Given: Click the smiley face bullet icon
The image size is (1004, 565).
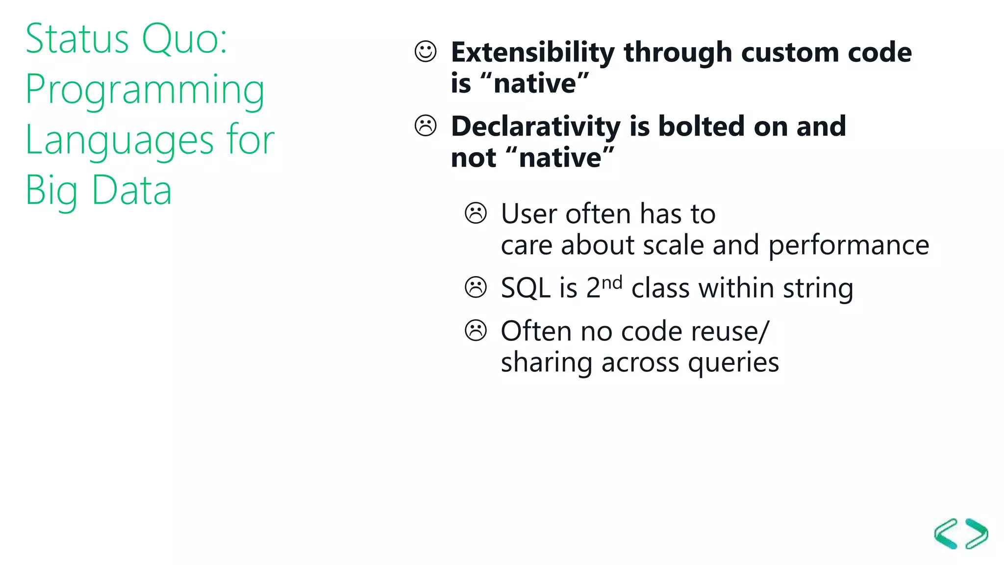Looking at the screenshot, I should pyautogui.click(x=425, y=51).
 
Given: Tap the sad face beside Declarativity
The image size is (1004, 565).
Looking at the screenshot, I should pyautogui.click(x=425, y=126).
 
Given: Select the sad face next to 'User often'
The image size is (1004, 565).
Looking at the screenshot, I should pyautogui.click(x=476, y=213).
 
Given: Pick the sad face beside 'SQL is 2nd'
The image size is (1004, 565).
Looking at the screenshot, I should pyautogui.click(x=476, y=287).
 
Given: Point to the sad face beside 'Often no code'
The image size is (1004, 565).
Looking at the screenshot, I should pyautogui.click(x=476, y=331).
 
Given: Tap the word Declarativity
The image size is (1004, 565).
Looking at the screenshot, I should pyautogui.click(x=536, y=127).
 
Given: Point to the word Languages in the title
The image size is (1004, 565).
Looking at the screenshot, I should pyautogui.click(x=119, y=141).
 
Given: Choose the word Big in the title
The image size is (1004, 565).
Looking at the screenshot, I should pyautogui.click(x=51, y=191).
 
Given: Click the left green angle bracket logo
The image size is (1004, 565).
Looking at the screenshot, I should pyautogui.click(x=947, y=534).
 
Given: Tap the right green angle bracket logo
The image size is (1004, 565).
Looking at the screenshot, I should pyautogui.click(x=977, y=534).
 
